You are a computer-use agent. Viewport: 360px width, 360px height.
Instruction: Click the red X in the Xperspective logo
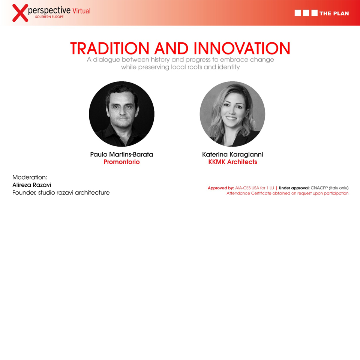pyautogui.click(x=20, y=13)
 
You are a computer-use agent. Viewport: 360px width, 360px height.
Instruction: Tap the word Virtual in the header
pyautogui.click(x=81, y=11)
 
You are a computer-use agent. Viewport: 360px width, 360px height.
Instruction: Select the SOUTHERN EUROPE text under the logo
pyautogui.click(x=49, y=17)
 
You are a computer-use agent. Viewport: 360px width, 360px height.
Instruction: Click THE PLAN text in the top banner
pyautogui.click(x=334, y=13)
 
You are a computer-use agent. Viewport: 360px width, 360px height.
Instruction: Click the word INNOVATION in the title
pyautogui.click(x=242, y=48)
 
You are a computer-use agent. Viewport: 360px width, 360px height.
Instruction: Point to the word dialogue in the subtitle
pyautogui.click(x=106, y=60)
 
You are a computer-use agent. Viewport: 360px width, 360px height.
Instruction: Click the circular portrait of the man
pyautogui.click(x=121, y=114)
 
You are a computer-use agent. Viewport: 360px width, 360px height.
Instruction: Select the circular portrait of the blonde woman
pyautogui.click(x=232, y=114)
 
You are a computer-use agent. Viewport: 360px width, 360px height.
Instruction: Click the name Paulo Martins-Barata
pyautogui.click(x=121, y=154)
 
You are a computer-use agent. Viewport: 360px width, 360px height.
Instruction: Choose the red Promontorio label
pyautogui.click(x=121, y=162)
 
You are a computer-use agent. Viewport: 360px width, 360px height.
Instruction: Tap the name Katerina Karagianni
pyautogui.click(x=232, y=154)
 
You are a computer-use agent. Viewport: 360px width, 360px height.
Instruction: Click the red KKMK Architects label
pyautogui.click(x=232, y=162)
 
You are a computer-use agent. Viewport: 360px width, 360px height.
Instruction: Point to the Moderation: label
pyautogui.click(x=30, y=177)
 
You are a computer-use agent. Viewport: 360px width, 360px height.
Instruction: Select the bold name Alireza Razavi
pyautogui.click(x=31, y=185)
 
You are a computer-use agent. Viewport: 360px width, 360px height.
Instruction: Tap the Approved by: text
pyautogui.click(x=221, y=188)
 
